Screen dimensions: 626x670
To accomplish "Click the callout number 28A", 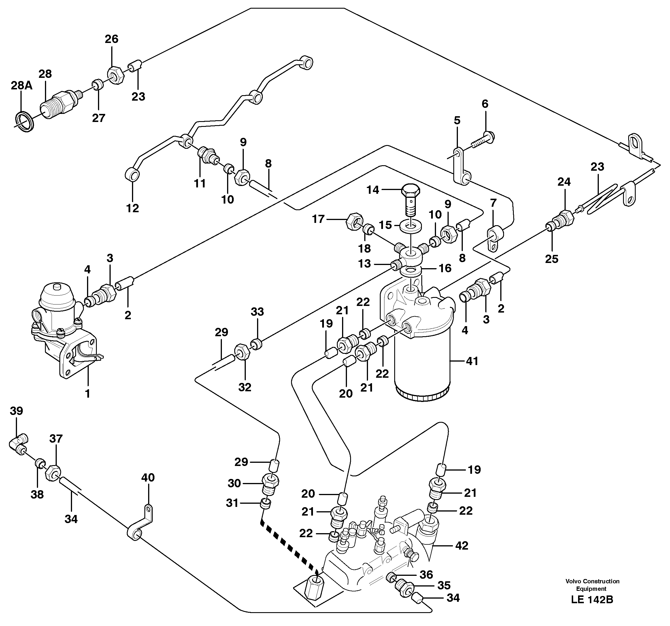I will pyautogui.click(x=22, y=86).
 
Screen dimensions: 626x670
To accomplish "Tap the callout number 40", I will pyautogui.click(x=148, y=478).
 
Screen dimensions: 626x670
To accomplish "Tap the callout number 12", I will pyautogui.click(x=133, y=208).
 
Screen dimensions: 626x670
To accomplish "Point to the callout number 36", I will pyautogui.click(x=426, y=574).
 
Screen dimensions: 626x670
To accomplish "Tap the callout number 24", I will pyautogui.click(x=564, y=182).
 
